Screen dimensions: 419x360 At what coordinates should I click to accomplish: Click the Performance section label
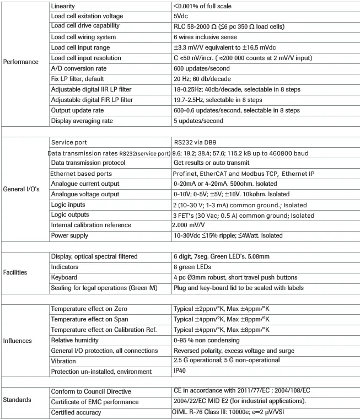pyautogui.click(x=20, y=62)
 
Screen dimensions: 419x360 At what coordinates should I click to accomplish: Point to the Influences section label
pyautogui.click(x=18, y=340)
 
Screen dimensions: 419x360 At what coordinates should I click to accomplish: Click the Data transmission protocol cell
pyautogui.click(x=88, y=163)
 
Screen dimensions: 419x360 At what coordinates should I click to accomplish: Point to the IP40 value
pyautogui.click(x=180, y=371)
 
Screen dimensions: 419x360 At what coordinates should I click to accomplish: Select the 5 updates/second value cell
pyautogui.click(x=198, y=120)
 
